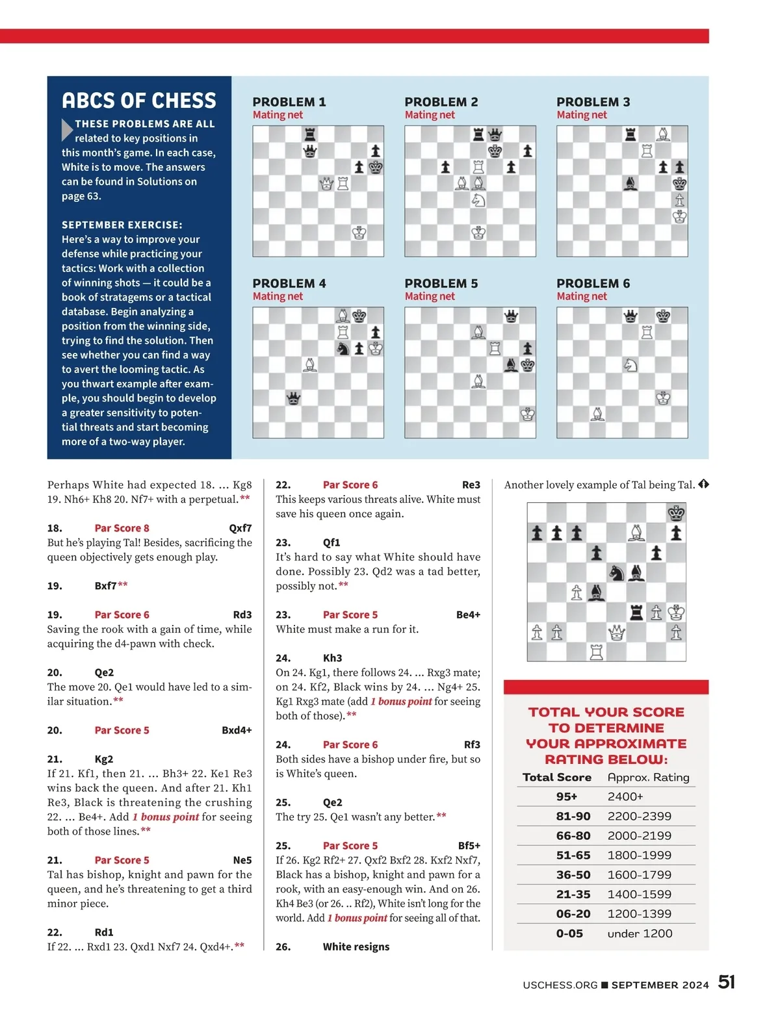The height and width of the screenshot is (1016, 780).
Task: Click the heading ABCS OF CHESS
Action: click(139, 101)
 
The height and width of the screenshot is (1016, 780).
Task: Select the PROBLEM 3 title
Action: click(593, 102)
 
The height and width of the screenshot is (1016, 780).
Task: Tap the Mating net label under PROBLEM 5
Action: click(429, 296)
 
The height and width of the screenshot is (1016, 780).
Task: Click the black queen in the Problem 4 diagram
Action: click(294, 398)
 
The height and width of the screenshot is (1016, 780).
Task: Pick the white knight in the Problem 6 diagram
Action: click(630, 364)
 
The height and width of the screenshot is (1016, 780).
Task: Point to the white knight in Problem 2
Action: click(478, 200)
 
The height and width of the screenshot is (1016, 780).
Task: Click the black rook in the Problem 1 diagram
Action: click(310, 134)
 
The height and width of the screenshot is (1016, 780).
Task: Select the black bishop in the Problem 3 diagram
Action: click(630, 184)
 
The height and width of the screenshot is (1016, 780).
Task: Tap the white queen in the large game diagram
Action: click(616, 632)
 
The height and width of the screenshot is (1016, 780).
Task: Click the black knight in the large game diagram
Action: click(616, 573)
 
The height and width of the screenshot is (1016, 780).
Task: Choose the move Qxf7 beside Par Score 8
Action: click(240, 528)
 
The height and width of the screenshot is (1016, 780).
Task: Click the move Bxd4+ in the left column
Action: click(237, 730)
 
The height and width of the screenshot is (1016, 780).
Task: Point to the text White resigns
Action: click(356, 946)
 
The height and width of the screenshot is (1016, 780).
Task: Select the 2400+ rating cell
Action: click(625, 796)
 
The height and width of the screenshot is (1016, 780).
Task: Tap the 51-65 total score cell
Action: click(573, 855)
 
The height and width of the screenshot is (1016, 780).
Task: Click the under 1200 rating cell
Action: click(640, 933)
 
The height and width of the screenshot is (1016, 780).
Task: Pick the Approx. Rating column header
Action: click(648, 777)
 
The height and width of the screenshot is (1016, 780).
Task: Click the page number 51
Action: click(726, 982)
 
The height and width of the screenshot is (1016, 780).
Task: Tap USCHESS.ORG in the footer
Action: click(560, 985)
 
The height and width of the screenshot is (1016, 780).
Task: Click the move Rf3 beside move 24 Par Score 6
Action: click(472, 744)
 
